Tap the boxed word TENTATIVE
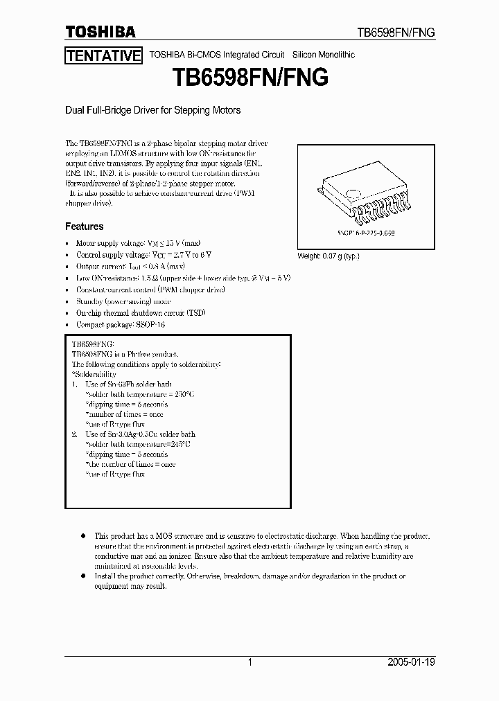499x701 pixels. pos(104,56)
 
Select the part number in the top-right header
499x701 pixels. pos(395,33)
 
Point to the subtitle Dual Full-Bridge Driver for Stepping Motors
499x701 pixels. pos(152,110)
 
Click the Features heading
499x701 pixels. pos(85,227)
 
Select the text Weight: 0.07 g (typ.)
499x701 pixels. pos(329,256)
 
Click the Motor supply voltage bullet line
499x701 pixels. pos(138,244)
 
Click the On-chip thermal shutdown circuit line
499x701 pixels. pos(141,312)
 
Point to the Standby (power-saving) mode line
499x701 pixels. pos(123,301)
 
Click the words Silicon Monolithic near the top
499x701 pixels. pos(324,55)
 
